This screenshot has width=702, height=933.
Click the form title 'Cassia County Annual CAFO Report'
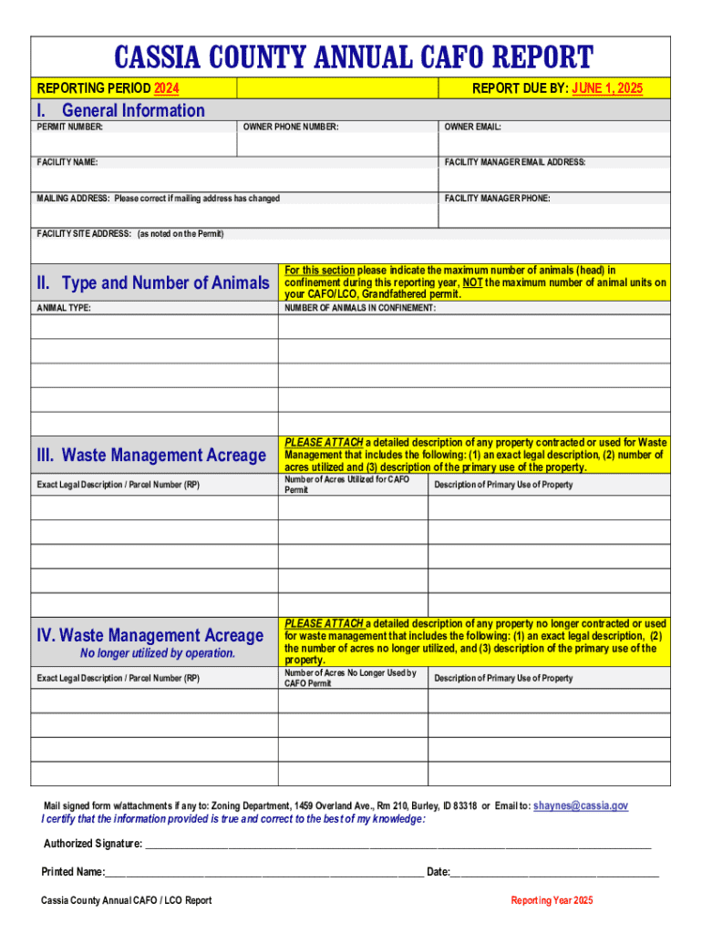pos(352,57)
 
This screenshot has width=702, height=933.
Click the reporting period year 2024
pos(167,88)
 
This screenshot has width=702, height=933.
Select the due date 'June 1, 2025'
pos(607,88)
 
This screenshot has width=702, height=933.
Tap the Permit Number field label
pos(70,128)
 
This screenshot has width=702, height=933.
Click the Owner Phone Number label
pos(291,128)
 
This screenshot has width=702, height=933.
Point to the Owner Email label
pos(473,128)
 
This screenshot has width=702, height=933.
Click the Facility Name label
pos(67,162)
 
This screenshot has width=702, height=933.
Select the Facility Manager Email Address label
pos(515,162)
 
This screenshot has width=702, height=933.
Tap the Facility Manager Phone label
pos(497,198)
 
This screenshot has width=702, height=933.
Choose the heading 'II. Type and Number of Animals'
pos(153,283)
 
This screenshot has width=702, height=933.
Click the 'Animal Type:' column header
pos(64,308)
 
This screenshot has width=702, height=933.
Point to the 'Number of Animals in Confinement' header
pos(360,308)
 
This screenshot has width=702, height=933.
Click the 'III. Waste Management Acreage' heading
pos(150,455)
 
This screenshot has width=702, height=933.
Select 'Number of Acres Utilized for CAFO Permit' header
pos(347,484)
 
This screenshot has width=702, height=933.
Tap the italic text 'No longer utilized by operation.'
pos(158,653)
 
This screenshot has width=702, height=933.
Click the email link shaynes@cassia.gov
pos(581,806)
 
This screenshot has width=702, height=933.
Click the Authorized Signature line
pos(398,844)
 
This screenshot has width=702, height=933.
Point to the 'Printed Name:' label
pos(73,872)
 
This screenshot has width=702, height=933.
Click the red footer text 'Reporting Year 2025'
pos(552,900)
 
